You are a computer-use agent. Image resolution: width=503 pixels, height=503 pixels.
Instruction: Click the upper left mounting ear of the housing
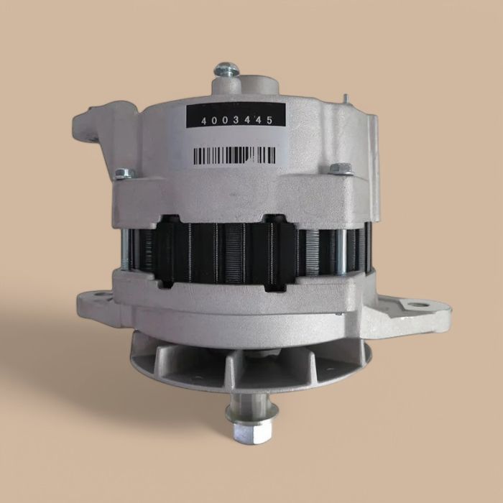(x=84, y=126)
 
